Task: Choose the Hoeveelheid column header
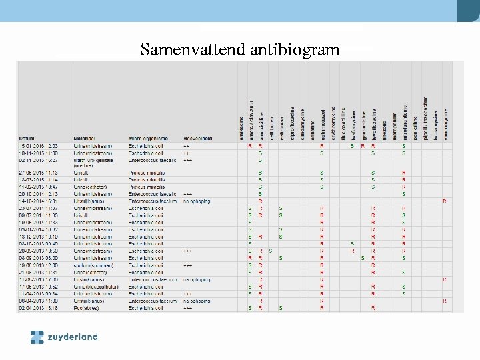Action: coord(198,138)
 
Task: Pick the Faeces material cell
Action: coord(87,308)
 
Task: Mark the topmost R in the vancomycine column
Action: coord(445,201)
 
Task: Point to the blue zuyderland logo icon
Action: coord(37,337)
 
